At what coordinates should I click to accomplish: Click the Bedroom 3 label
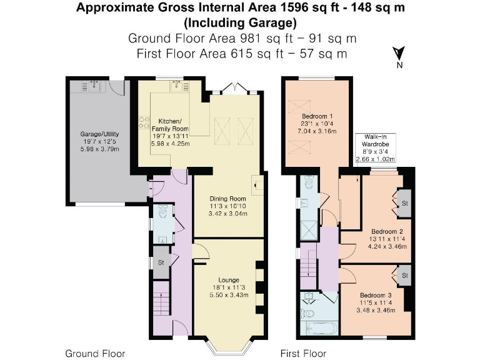[376, 294]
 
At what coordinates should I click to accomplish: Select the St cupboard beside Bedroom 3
[404, 275]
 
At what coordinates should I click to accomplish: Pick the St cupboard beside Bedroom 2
[404, 203]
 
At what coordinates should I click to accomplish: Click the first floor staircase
[309, 261]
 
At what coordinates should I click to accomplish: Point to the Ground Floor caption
[95, 353]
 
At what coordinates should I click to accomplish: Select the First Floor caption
[304, 353]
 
